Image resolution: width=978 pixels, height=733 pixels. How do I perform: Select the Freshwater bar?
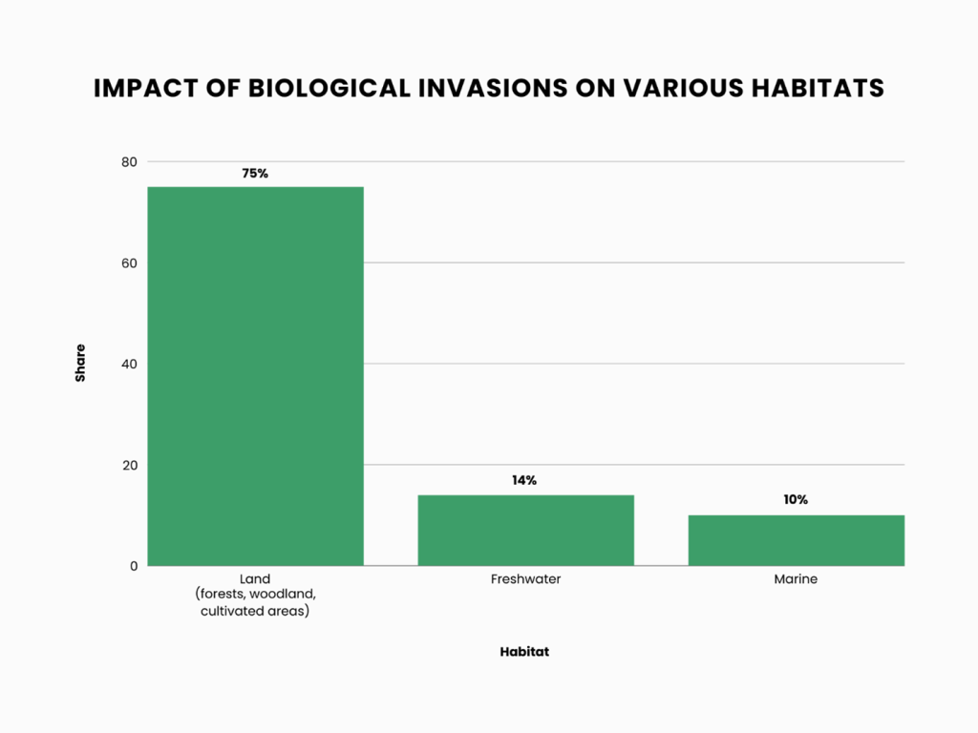(525, 530)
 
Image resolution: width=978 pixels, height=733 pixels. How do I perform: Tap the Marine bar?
(796, 540)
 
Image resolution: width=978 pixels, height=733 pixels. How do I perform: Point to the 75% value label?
(255, 174)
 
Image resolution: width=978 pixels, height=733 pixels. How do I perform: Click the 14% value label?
(524, 481)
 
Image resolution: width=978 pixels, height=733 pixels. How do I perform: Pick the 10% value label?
(796, 500)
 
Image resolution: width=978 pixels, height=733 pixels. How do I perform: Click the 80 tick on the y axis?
(129, 162)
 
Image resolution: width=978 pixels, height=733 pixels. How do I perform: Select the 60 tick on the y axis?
(129, 263)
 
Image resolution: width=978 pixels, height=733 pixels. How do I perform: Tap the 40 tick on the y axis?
(129, 364)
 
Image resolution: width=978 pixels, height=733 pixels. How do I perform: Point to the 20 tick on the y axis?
(129, 465)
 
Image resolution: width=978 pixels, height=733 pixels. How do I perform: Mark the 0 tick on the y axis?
(133, 566)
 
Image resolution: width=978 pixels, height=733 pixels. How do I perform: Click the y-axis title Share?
(80, 363)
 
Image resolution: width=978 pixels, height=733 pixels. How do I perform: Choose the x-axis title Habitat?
(524, 653)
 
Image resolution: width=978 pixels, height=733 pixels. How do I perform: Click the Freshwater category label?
(525, 579)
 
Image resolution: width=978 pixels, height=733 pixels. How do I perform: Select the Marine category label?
(796, 579)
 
